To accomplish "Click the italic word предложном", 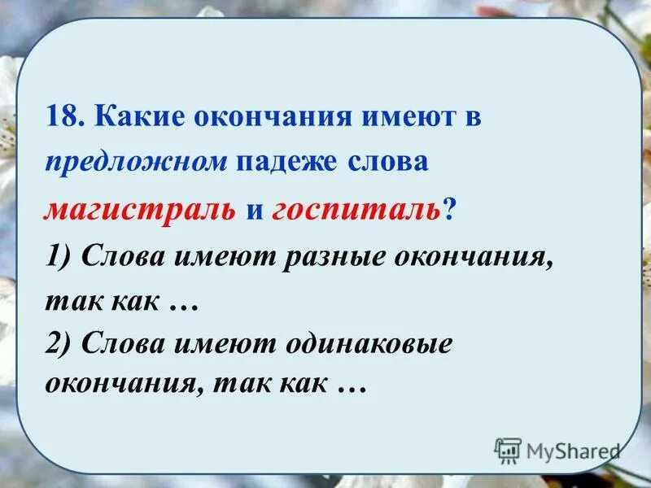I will [x=136, y=161].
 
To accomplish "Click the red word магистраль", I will [x=140, y=211].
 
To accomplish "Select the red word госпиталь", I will [x=357, y=211].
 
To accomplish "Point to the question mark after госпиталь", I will [x=450, y=211].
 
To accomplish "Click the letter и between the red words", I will [x=254, y=211].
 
